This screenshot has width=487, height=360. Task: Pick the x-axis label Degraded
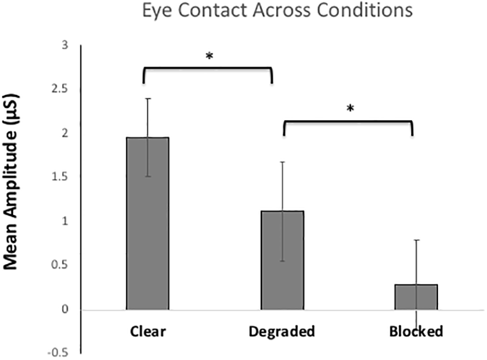pos(281,331)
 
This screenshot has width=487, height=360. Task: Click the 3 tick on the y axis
pos(65,45)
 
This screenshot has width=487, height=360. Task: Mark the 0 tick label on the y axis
pos(65,309)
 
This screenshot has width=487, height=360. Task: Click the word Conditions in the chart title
pos(367,11)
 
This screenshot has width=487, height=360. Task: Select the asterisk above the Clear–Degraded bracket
pos(209,56)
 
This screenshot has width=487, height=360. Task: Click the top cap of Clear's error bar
pos(148,99)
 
